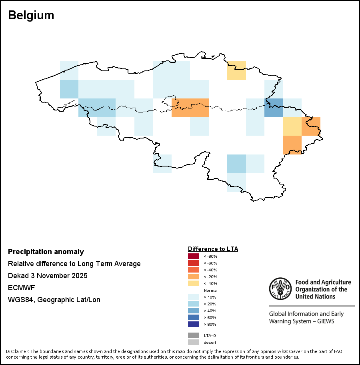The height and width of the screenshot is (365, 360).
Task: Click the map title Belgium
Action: click(x=31, y=16)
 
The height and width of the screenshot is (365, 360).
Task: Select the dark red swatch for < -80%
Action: click(x=194, y=256)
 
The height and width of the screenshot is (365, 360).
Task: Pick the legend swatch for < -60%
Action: click(x=194, y=263)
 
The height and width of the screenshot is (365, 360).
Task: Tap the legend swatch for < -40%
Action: click(x=194, y=270)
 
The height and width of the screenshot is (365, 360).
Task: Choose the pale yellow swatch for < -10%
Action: click(x=194, y=283)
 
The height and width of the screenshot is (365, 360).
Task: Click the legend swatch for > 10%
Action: click(x=194, y=297)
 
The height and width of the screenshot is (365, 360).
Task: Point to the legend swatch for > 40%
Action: click(x=194, y=311)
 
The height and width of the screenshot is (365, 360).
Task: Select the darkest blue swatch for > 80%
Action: click(x=194, y=324)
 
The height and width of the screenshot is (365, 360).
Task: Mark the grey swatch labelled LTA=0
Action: click(x=194, y=335)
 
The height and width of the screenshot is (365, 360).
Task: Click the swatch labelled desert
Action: click(x=194, y=342)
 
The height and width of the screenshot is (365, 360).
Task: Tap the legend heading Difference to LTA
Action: click(x=213, y=249)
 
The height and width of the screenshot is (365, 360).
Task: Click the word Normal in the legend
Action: click(x=210, y=290)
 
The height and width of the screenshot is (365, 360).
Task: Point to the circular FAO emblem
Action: click(x=280, y=289)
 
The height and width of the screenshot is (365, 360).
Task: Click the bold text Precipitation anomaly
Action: click(x=46, y=252)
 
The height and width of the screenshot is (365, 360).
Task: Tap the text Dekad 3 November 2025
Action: click(x=48, y=276)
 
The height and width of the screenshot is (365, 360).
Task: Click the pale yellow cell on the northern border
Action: click(x=236, y=71)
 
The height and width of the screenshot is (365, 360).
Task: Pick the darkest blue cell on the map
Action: click(x=274, y=108)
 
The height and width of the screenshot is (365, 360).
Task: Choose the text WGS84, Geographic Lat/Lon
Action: click(x=54, y=300)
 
